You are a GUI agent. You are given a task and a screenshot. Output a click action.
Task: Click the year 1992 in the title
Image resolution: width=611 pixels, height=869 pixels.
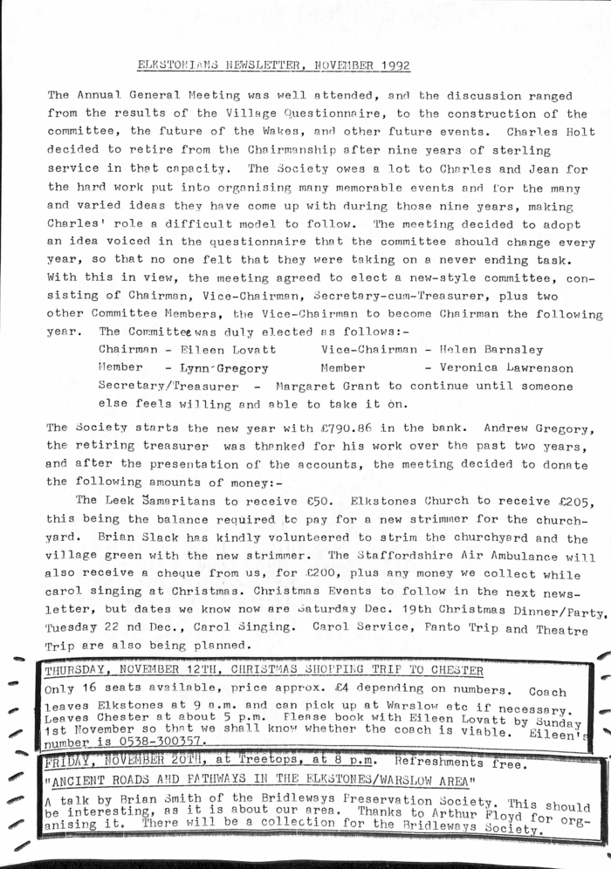tap(392, 65)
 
